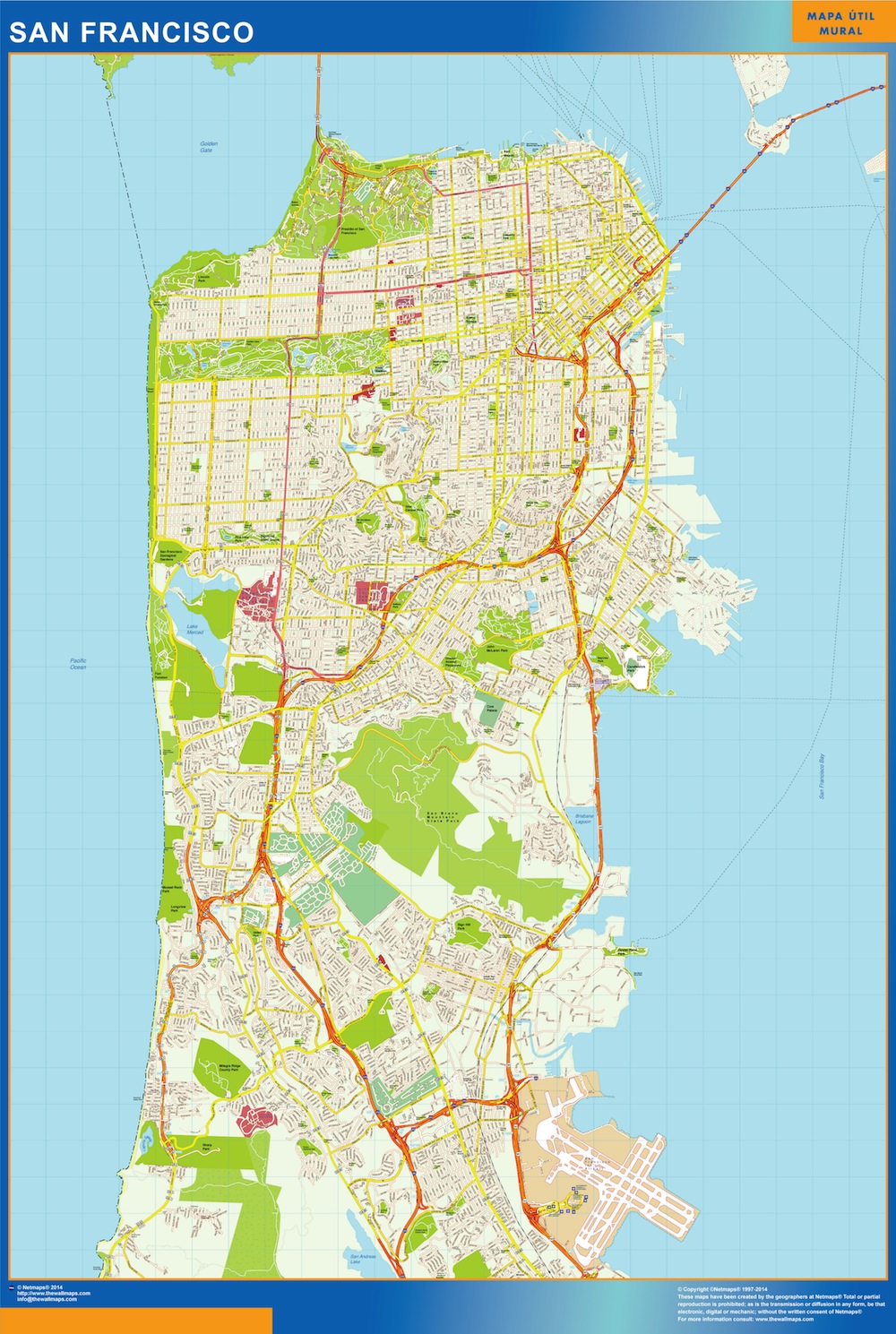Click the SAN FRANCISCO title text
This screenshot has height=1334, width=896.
pyautogui.click(x=132, y=32)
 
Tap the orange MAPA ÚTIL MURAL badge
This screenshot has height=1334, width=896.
pyautogui.click(x=841, y=23)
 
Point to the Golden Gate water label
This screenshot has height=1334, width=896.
pyautogui.click(x=209, y=147)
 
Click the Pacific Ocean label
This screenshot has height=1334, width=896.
pyautogui.click(x=79, y=664)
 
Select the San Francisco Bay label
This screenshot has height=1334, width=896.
pyautogui.click(x=822, y=776)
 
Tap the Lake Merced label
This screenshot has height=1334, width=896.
pyautogui.click(x=194, y=630)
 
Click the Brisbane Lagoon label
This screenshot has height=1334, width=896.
pyautogui.click(x=583, y=818)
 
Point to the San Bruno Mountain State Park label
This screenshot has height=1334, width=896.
pyautogui.click(x=441, y=817)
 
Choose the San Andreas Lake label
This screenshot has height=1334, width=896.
pyautogui.click(x=362, y=1259)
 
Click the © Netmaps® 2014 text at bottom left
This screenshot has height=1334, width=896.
pyautogui.click(x=40, y=1287)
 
